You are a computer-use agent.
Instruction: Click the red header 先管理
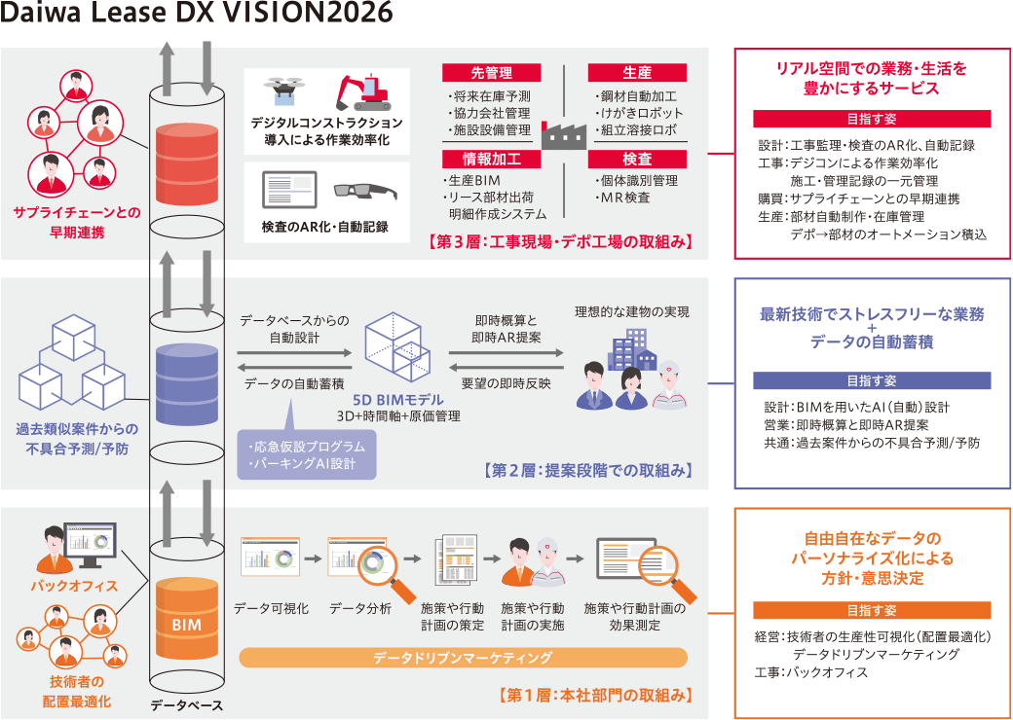(x=491, y=73)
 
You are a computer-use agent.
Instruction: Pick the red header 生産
(x=637, y=73)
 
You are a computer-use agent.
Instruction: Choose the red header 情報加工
(x=491, y=159)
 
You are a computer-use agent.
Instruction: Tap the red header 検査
(x=637, y=159)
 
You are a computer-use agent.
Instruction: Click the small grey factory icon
(x=565, y=133)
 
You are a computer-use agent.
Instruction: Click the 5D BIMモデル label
(x=398, y=400)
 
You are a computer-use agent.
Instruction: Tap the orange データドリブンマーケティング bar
(x=463, y=659)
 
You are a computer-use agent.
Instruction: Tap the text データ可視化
(x=271, y=608)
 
